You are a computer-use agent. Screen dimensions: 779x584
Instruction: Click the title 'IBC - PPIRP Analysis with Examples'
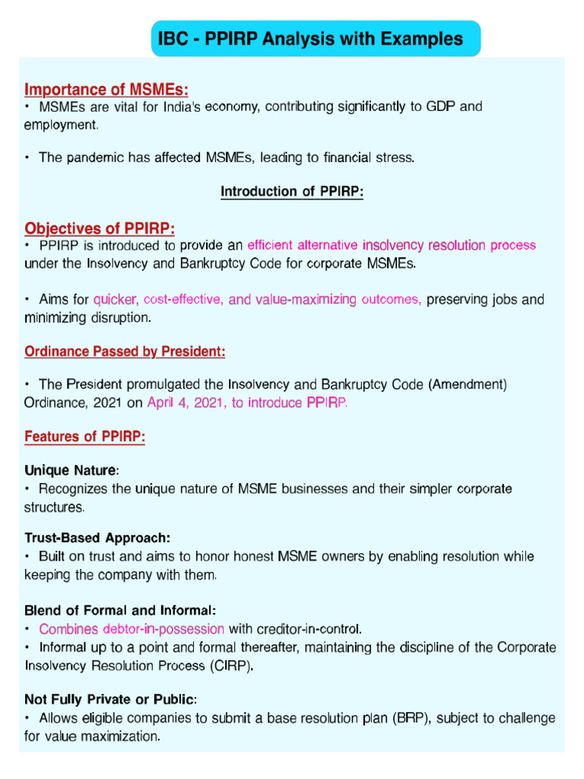(309, 39)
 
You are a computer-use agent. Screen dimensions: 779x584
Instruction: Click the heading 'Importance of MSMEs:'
(106, 91)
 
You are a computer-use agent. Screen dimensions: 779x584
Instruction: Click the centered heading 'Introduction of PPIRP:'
(292, 192)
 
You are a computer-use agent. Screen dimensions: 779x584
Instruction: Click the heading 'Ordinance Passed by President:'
(125, 352)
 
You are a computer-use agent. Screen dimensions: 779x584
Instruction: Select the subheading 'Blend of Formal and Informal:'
(120, 611)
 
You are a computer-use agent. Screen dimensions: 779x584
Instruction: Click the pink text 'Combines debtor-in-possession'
(132, 629)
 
